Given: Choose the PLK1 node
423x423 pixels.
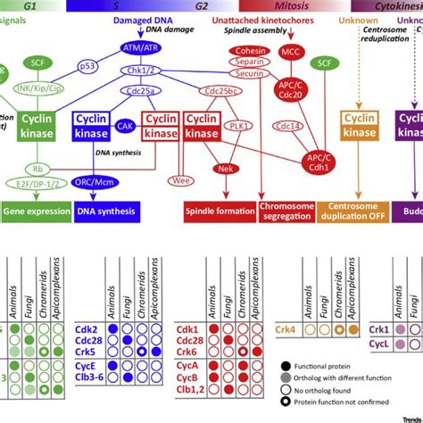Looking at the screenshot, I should click(x=238, y=127).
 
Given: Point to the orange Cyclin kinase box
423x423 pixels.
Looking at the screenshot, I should click(x=358, y=127).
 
